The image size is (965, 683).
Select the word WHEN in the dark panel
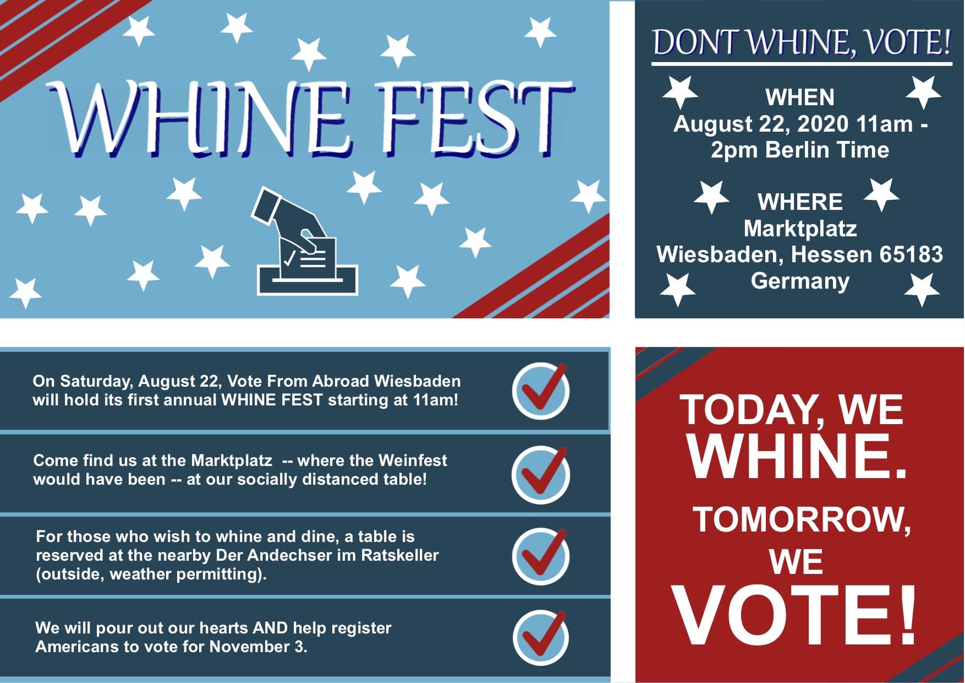click(x=800, y=97)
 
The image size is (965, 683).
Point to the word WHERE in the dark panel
click(x=800, y=202)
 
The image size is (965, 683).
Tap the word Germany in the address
click(x=800, y=281)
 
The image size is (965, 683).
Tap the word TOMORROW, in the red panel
click(x=802, y=519)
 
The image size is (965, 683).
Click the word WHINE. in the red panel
click(x=796, y=457)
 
